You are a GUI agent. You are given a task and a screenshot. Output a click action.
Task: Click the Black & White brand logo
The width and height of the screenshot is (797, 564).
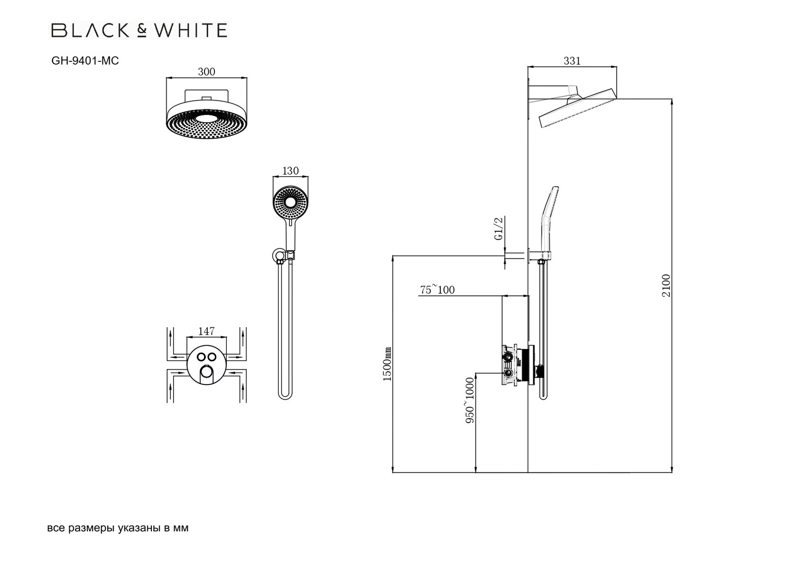click(x=139, y=31)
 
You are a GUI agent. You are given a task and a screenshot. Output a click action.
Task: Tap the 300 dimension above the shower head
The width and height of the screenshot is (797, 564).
click(x=206, y=72)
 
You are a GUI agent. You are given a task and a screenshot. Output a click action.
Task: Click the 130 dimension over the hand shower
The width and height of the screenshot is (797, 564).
click(x=290, y=171)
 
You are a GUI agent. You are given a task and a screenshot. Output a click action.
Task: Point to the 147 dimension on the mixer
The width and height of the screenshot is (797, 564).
click(x=206, y=331)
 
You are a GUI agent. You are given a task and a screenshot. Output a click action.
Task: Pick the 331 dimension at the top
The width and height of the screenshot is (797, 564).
click(x=572, y=61)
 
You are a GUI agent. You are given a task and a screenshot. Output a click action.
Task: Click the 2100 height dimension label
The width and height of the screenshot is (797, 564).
click(x=667, y=285)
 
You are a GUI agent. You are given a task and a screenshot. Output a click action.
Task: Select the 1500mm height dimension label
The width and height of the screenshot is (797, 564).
click(x=387, y=364)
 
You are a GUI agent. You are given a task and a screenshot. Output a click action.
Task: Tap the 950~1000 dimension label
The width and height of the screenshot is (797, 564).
click(x=470, y=400)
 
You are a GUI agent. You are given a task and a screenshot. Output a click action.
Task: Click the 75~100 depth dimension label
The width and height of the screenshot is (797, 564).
click(x=437, y=290)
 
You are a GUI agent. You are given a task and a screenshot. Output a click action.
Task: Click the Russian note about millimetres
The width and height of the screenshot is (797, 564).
click(x=118, y=528)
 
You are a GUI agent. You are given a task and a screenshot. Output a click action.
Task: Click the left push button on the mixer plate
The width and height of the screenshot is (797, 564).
click(x=201, y=357)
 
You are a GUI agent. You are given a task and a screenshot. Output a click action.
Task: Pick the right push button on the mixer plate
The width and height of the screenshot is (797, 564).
click(x=212, y=357)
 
